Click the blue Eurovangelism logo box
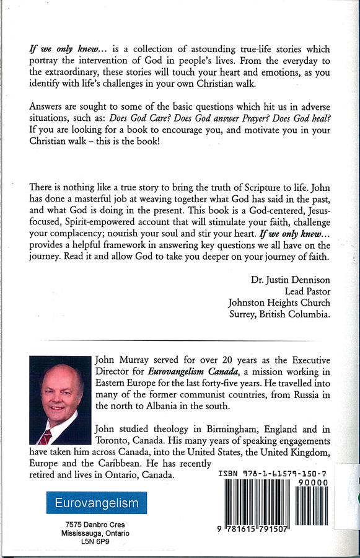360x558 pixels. pos(97,503)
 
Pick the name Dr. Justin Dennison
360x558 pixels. pos(290,280)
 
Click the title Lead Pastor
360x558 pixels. pos(307,291)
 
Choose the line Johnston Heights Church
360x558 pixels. pos(279,303)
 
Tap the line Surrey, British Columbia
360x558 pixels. pos(279,314)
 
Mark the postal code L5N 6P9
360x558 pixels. pos(95,542)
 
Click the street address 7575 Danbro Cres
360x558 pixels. pos(95,525)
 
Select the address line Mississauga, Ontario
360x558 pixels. pos(95,533)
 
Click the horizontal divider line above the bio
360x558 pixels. pos(180,340)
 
